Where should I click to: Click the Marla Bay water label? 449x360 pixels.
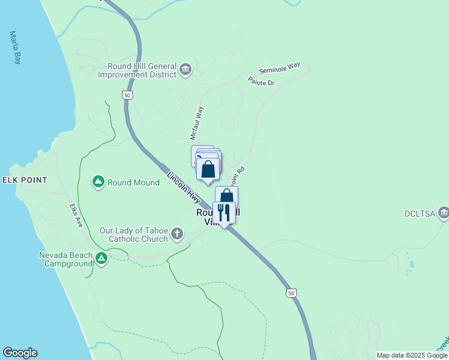(14, 47)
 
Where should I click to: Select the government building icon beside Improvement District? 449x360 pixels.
(185, 70)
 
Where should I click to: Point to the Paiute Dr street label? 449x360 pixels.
(261, 81)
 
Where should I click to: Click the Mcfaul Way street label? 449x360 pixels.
(197, 123)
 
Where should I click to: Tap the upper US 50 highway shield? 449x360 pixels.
(126, 95)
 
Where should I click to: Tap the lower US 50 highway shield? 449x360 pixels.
(291, 293)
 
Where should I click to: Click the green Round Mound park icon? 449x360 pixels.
(98, 181)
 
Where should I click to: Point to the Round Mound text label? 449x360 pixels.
(133, 182)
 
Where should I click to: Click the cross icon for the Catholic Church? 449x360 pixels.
(176, 233)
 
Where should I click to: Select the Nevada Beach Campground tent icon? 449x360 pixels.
(101, 259)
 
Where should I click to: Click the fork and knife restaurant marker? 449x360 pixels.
(224, 212)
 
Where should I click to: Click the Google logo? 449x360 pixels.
(20, 353)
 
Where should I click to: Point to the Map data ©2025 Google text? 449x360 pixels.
(412, 355)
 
